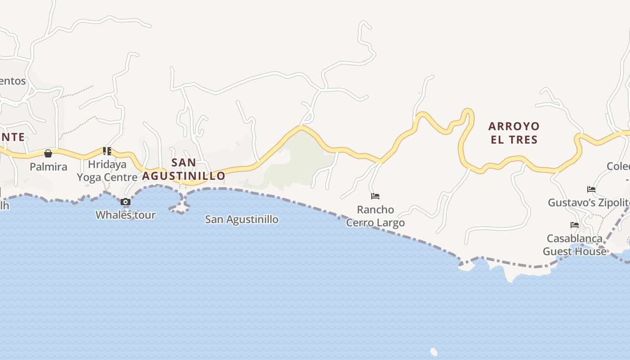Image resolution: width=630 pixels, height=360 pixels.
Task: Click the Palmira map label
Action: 48,166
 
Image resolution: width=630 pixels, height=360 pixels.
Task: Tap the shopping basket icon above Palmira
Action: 48,153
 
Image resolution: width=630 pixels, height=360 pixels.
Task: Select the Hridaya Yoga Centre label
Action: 107,171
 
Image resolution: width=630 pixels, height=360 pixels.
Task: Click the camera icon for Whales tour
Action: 126,202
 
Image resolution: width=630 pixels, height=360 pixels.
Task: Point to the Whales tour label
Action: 126,215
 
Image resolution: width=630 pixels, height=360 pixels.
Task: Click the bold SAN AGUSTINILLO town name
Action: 184,169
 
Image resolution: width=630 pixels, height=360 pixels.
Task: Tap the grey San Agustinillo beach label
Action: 242,220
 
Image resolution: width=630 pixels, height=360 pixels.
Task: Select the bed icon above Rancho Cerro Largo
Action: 375,196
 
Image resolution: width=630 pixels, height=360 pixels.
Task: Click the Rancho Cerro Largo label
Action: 375,216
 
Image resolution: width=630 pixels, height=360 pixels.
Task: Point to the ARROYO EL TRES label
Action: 514,133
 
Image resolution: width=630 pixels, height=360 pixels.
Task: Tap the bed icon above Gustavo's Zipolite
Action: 591,189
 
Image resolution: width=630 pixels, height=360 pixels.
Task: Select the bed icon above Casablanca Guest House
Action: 575,225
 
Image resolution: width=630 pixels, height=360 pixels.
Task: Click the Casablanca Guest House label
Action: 575,245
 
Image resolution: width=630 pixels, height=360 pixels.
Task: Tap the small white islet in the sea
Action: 434,351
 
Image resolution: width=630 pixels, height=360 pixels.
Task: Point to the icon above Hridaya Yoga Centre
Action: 107,151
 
